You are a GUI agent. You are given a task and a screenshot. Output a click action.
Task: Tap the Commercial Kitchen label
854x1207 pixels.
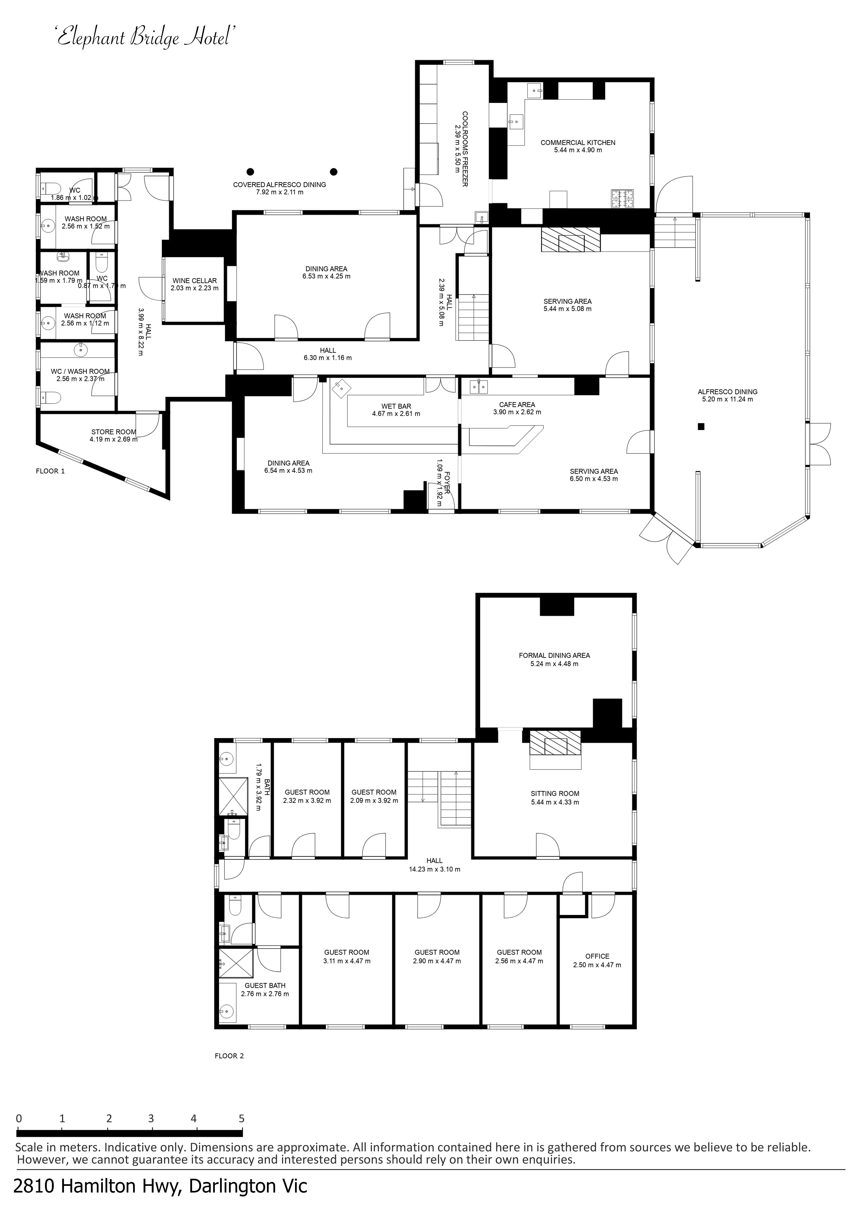click(578, 143)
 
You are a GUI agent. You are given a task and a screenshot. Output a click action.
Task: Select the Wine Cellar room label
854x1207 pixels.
click(195, 281)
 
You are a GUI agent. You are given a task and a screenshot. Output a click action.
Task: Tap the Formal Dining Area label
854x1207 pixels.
click(554, 655)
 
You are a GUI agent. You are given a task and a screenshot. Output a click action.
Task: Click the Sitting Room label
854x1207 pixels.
click(555, 794)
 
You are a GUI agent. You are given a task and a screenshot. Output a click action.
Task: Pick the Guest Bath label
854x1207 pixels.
click(265, 986)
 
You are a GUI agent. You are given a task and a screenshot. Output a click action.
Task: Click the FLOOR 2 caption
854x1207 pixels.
click(229, 1055)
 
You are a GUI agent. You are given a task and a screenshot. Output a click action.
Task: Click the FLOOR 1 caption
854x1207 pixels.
click(50, 471)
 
